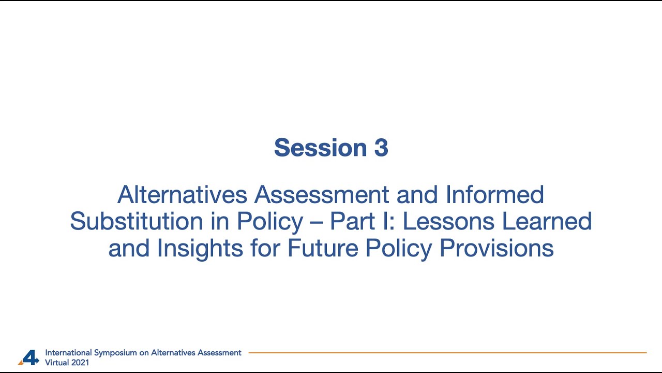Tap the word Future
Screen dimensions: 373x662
323,249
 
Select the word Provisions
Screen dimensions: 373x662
496,249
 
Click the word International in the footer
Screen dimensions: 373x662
68,353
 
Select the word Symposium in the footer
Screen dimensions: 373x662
114,353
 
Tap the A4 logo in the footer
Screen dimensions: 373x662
29,357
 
